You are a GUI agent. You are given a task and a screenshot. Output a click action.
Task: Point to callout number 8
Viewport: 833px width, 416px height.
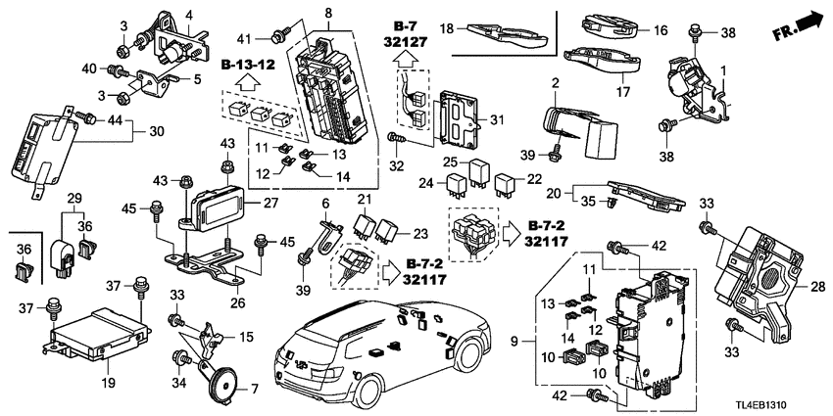328,14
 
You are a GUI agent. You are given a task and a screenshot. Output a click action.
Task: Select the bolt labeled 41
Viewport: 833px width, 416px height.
280,38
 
